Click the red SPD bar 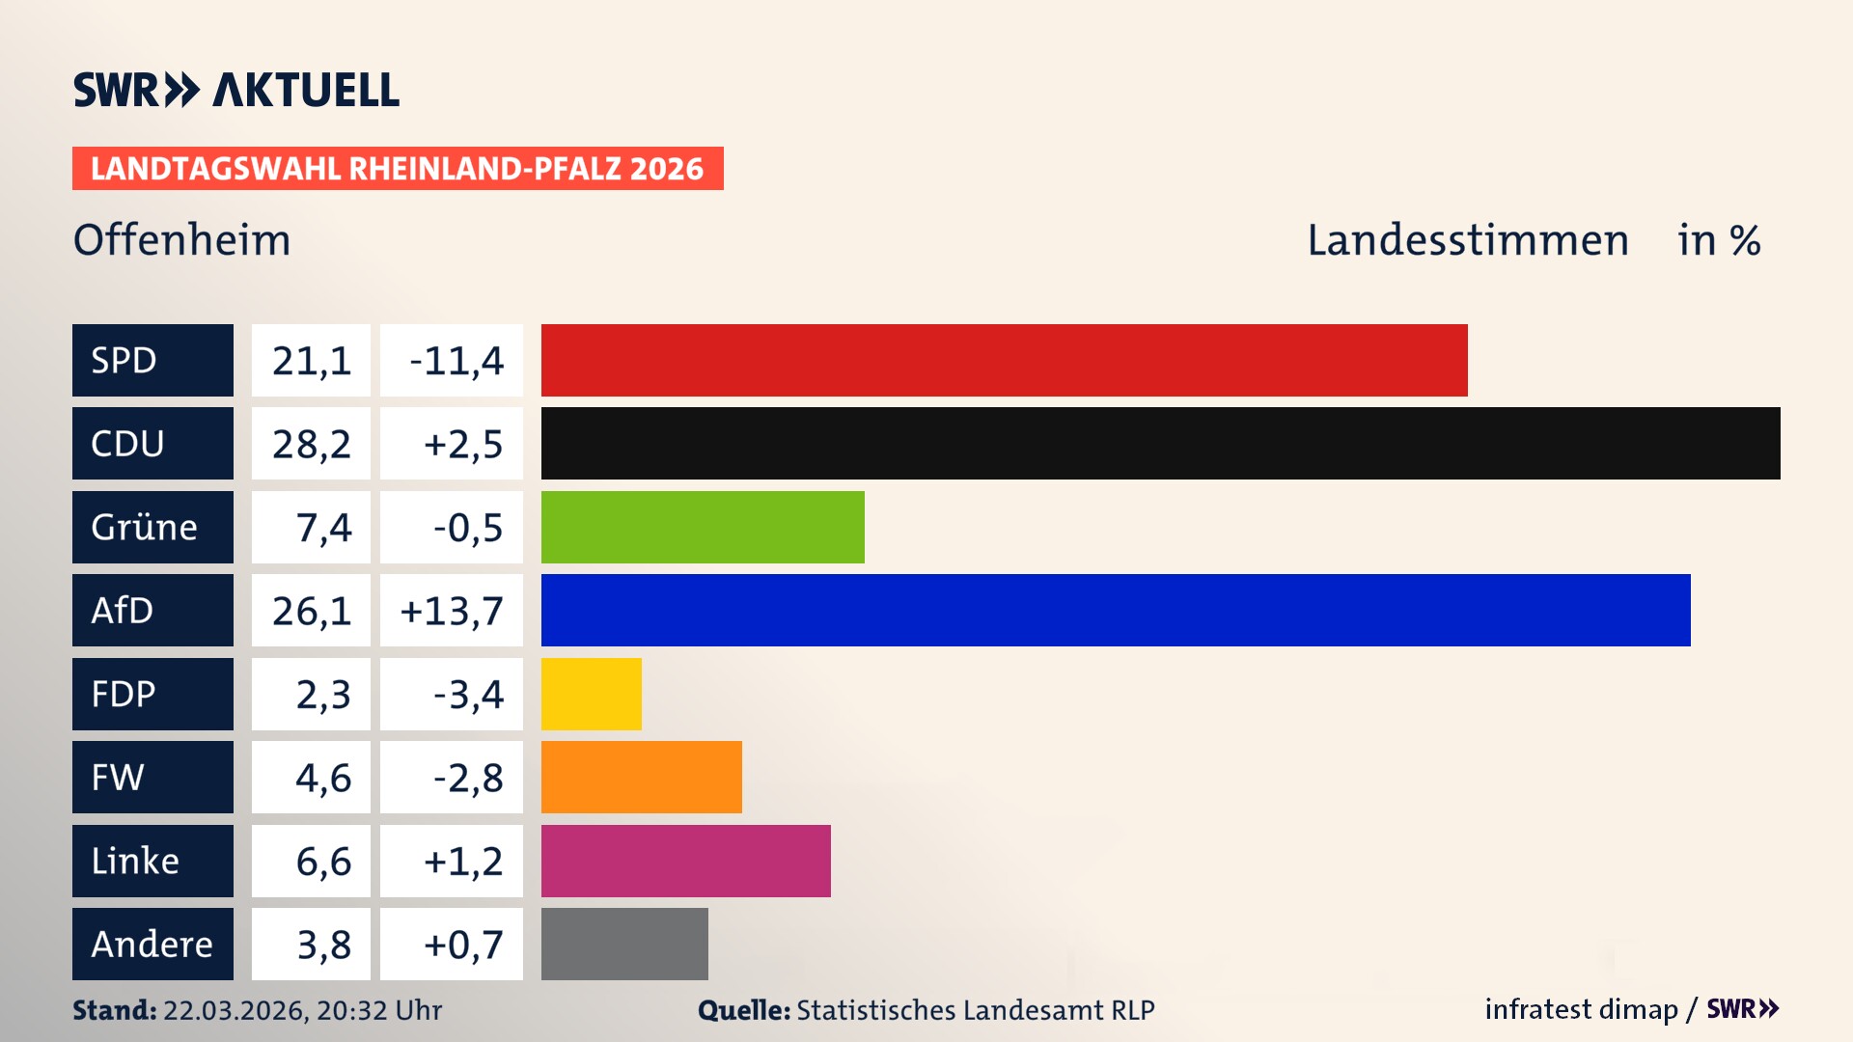click(x=1004, y=360)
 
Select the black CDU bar click(x=1160, y=443)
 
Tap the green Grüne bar click(x=703, y=527)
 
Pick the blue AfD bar click(x=1116, y=610)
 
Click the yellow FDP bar click(x=591, y=694)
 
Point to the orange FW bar click(x=641, y=777)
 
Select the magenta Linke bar click(x=685, y=861)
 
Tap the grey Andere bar click(x=624, y=944)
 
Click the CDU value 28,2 click(x=311, y=444)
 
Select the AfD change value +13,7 click(x=452, y=611)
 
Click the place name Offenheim click(x=181, y=240)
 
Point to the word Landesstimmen click(x=1467, y=240)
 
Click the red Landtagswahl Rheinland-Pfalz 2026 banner click(x=398, y=169)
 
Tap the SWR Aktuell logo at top click(x=235, y=90)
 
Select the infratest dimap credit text click(x=1581, y=1009)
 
